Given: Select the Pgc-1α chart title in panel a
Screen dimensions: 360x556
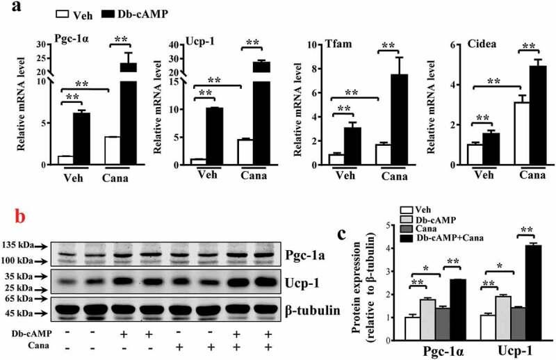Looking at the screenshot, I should pyautogui.click(x=70, y=38).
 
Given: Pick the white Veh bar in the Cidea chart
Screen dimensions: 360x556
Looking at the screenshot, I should pyautogui.click(x=475, y=154).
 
